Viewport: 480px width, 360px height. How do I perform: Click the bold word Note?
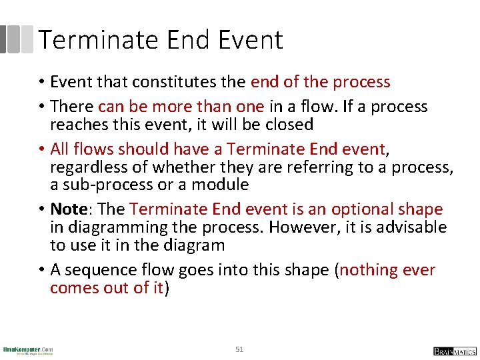69,209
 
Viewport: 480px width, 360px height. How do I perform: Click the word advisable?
413,227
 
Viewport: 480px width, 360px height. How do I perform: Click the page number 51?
240,349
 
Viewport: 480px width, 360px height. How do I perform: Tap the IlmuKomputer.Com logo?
28,350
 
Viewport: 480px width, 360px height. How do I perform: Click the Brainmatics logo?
454,351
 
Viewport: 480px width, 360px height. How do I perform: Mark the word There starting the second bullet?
71,107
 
